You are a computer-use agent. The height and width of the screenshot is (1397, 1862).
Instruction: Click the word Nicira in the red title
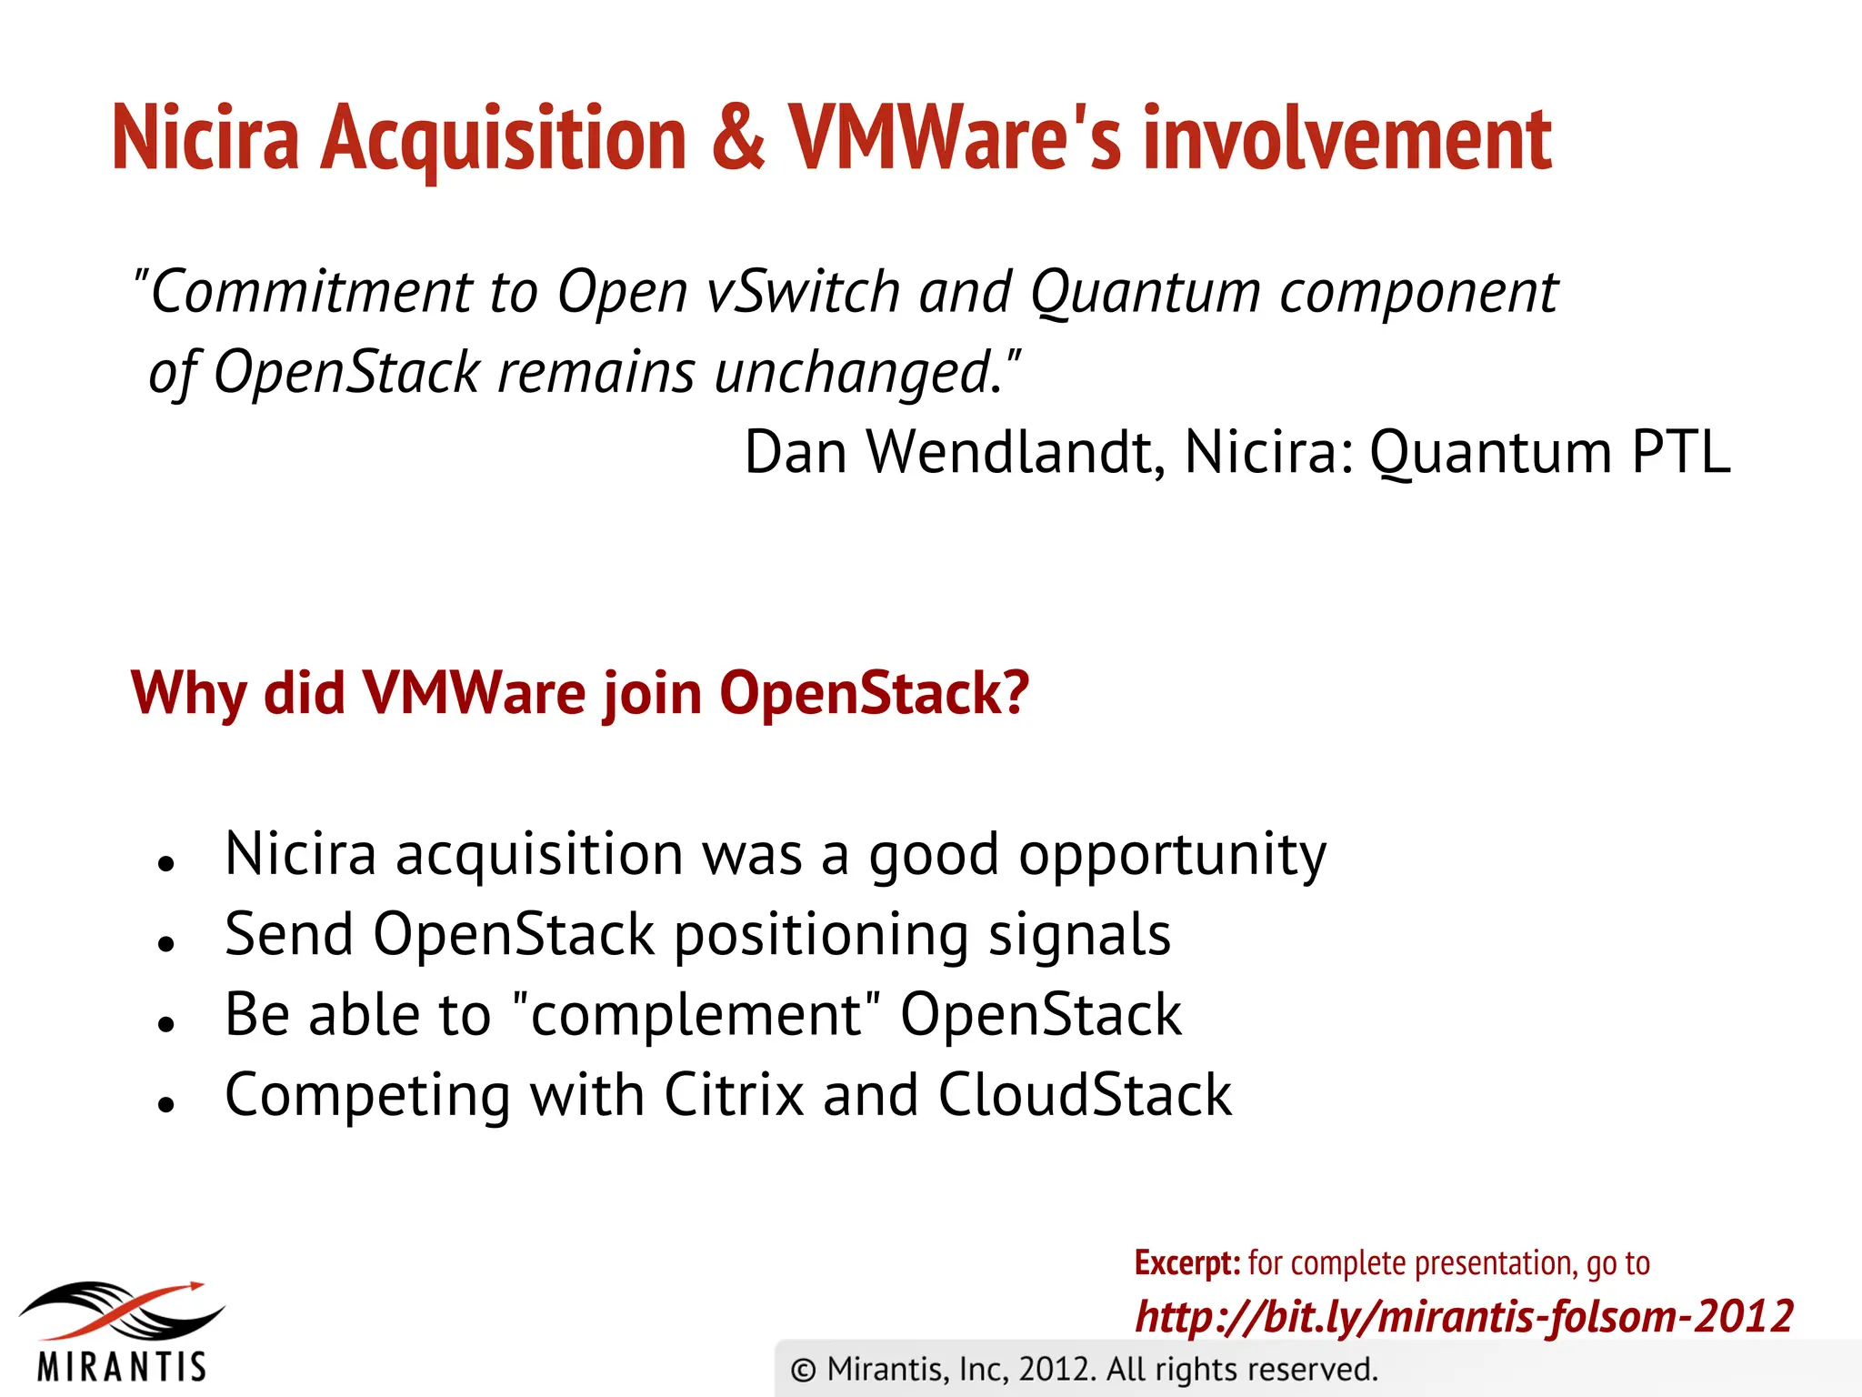click(x=205, y=138)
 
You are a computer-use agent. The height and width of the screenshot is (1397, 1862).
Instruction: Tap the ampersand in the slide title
click(x=738, y=138)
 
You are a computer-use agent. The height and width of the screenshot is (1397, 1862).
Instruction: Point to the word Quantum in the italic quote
click(x=1145, y=294)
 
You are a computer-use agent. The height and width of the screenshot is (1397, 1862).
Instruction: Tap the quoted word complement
click(x=696, y=1015)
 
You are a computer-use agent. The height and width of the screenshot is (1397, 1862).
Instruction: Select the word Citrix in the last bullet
click(x=734, y=1094)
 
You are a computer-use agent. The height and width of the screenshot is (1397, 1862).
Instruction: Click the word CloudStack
click(x=1085, y=1094)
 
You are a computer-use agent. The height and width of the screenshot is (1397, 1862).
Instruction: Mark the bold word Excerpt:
click(x=1186, y=1263)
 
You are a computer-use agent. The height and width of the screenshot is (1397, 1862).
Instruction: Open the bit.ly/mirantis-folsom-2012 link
click(x=1464, y=1316)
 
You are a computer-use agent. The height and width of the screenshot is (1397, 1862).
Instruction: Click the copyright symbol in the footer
click(x=803, y=1370)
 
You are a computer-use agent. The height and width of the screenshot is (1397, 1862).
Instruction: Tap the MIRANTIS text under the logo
click(x=122, y=1367)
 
